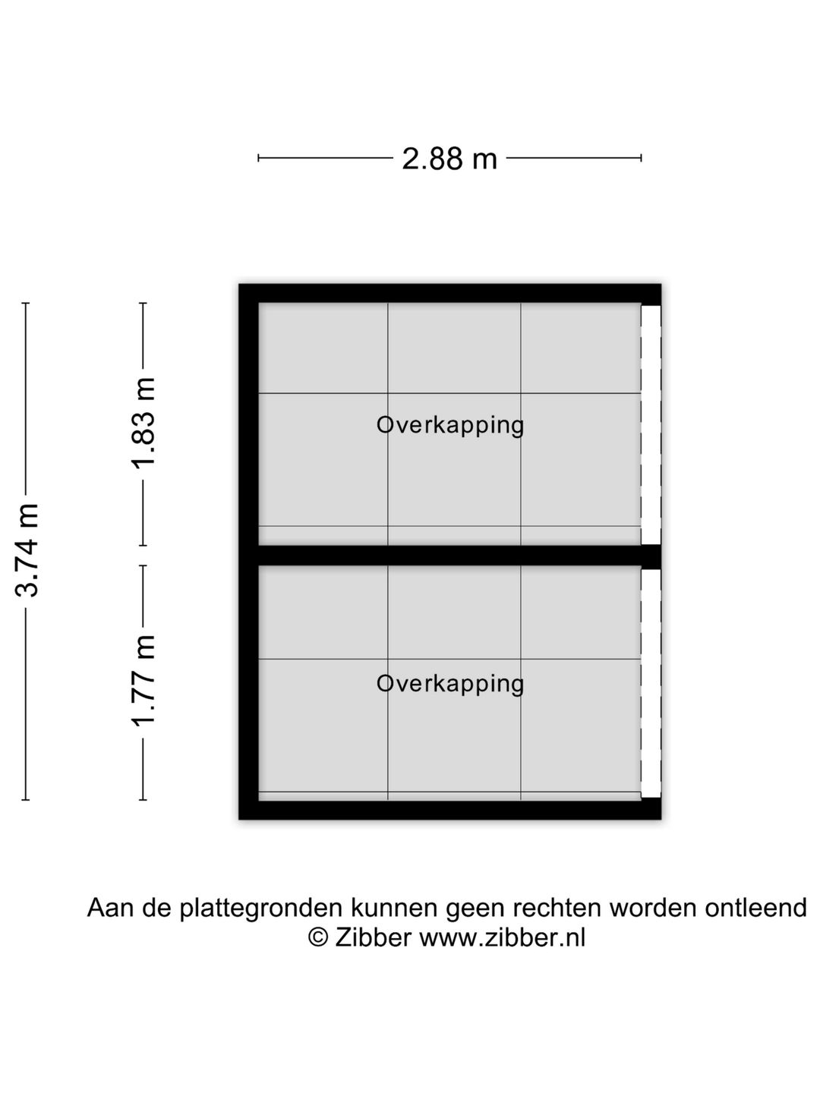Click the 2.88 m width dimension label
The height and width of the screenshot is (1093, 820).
449,159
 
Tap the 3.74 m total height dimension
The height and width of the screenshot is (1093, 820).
27,550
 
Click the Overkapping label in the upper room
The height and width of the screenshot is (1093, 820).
450,426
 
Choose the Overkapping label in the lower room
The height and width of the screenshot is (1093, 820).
450,684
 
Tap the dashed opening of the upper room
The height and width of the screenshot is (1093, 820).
651,424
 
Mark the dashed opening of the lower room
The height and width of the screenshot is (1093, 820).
651,683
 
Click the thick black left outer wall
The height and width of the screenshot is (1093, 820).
248,552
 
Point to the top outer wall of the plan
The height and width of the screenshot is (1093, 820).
449,293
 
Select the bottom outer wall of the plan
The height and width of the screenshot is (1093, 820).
449,810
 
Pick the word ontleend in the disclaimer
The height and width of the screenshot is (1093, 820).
755,907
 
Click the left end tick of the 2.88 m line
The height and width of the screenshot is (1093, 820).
258,159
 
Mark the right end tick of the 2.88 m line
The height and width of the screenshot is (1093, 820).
642,159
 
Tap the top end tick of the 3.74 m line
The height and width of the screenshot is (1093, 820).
26,303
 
